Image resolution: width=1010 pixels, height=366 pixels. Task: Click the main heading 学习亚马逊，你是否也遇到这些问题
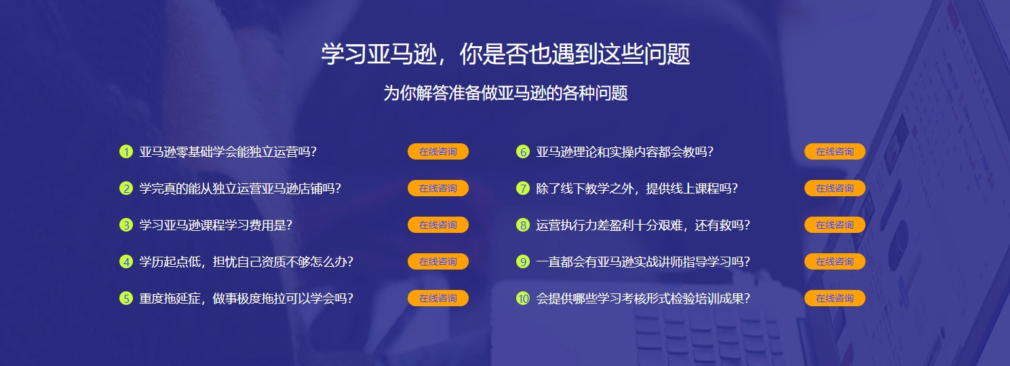pyautogui.click(x=505, y=54)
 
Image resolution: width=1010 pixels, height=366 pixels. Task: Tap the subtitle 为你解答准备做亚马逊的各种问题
pyautogui.click(x=505, y=93)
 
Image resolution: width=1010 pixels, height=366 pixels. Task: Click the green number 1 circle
pyautogui.click(x=125, y=151)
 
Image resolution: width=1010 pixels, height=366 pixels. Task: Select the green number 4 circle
pyautogui.click(x=125, y=261)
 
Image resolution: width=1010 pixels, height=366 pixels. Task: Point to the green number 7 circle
pyautogui.click(x=522, y=188)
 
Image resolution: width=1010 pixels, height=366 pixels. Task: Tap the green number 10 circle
pyautogui.click(x=522, y=298)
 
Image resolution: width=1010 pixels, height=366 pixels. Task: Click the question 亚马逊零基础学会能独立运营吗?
pyautogui.click(x=228, y=151)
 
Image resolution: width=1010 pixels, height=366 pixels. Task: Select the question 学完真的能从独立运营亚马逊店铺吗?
pyautogui.click(x=240, y=188)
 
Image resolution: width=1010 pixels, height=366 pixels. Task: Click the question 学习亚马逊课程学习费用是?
pyautogui.click(x=216, y=225)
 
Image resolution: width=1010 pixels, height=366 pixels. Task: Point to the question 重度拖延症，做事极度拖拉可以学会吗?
pyautogui.click(x=246, y=298)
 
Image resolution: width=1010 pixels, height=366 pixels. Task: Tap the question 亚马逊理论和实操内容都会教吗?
pyautogui.click(x=625, y=151)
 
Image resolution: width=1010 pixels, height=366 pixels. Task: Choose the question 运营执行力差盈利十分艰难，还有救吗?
pyautogui.click(x=643, y=225)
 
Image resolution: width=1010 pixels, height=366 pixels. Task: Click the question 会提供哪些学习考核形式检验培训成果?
pyautogui.click(x=643, y=298)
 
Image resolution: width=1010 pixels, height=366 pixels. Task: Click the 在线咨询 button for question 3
pyautogui.click(x=438, y=225)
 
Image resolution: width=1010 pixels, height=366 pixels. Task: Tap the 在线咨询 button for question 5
pyautogui.click(x=438, y=298)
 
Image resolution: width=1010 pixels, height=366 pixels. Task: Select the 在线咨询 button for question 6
pyautogui.click(x=834, y=151)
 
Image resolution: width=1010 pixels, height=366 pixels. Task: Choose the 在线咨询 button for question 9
pyautogui.click(x=834, y=261)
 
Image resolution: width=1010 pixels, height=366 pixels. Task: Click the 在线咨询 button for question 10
pyautogui.click(x=834, y=298)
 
